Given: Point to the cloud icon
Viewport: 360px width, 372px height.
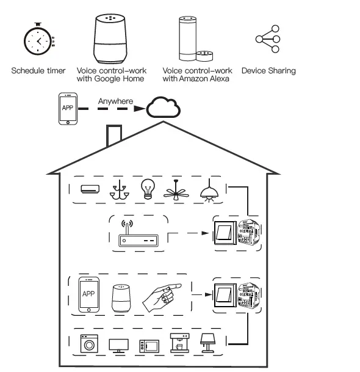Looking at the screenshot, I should [x=164, y=108].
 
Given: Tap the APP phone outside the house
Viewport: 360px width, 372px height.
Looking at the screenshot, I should [x=68, y=109].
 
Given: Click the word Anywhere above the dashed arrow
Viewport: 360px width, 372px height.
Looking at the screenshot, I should [x=116, y=101].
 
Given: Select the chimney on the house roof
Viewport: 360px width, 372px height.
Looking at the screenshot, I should [x=113, y=136].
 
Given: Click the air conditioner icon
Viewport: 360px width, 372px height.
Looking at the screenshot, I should [x=90, y=189].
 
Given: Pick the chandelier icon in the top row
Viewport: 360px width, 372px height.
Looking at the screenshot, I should [x=119, y=191].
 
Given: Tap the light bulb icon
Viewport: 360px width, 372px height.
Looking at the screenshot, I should [x=148, y=189].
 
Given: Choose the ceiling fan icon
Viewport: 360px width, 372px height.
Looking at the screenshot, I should [x=177, y=190].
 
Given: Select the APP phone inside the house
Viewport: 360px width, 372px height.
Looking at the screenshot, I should [x=88, y=295].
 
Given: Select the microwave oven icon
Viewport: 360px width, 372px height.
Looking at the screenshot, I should [x=148, y=346].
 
